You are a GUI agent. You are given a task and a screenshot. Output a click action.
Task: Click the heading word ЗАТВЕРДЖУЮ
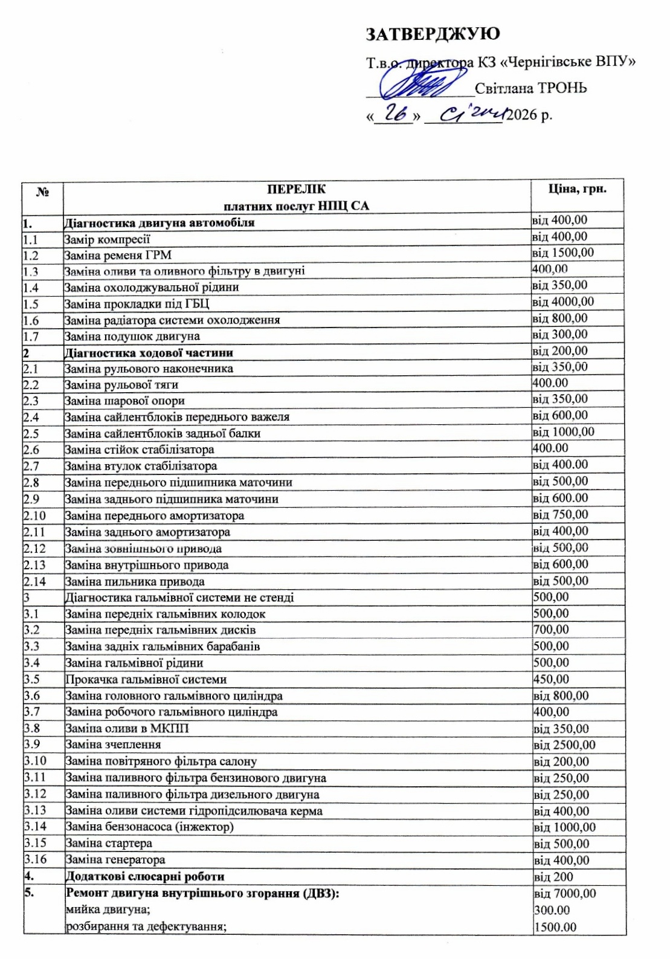point(433,34)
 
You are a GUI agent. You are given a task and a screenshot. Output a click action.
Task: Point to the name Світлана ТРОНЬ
point(530,88)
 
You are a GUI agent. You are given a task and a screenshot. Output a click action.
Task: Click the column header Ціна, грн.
point(577,189)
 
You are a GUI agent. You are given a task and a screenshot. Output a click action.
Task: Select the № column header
point(42,192)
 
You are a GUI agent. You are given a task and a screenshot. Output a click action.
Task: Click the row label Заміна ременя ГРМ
point(118,256)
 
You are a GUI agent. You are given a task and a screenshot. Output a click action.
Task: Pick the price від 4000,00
point(563,302)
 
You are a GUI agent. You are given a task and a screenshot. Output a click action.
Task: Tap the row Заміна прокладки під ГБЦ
point(137,304)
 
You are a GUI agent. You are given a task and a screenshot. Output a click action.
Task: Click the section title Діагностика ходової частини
point(149,353)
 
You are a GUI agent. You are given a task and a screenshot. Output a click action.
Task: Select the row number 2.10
point(34,515)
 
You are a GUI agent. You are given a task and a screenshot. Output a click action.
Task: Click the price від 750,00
point(560,515)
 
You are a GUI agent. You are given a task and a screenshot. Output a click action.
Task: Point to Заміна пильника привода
point(135,582)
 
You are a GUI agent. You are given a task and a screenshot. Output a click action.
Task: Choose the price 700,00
point(551,630)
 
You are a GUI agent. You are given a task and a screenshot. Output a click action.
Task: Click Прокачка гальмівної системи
point(146,679)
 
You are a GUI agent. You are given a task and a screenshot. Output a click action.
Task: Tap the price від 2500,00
point(564,745)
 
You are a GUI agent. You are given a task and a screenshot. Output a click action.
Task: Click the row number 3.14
point(35,827)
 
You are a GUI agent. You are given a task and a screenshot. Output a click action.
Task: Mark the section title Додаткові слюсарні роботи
point(144,876)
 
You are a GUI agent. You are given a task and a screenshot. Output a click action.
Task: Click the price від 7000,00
point(565,893)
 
